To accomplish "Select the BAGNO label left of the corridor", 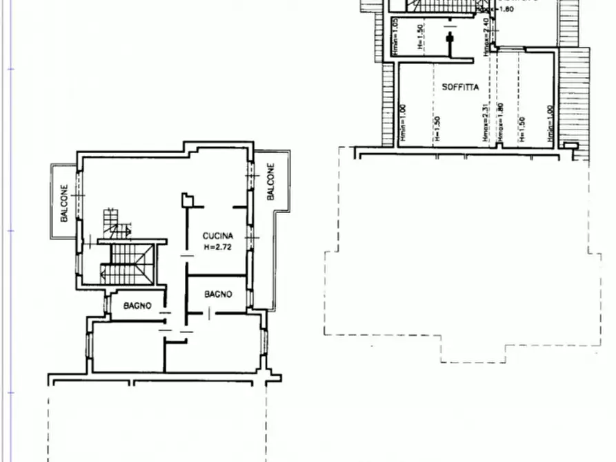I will point(138,305).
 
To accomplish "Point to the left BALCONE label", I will point(64,203).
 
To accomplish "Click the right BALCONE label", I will point(270,181).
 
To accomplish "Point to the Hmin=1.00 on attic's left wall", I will point(403,124).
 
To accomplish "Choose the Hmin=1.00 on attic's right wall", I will point(550,124).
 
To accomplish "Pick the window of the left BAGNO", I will point(107,304).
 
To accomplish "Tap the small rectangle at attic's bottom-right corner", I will point(569,145).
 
